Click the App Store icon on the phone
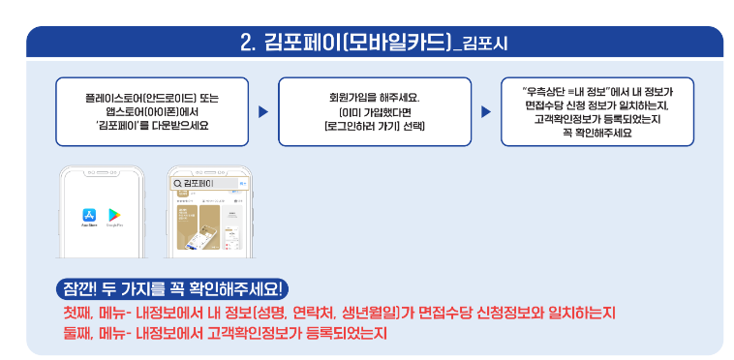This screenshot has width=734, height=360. (88, 215)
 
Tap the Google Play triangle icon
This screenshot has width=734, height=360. (114, 215)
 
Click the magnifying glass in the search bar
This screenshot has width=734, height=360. (176, 182)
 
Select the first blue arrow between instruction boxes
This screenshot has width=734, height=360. (262, 112)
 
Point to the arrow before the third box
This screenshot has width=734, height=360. (486, 112)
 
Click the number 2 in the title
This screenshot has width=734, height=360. (246, 42)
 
